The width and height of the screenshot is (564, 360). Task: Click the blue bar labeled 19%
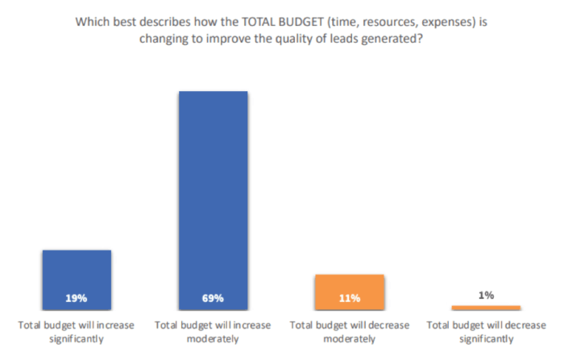77,274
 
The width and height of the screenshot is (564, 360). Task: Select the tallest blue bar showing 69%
213,193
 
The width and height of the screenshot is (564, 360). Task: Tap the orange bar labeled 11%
350,286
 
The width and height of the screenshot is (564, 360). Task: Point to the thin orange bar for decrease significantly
486,307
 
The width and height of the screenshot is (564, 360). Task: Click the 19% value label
77,298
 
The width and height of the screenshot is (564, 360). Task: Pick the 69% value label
213,298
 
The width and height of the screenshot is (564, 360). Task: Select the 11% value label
350,298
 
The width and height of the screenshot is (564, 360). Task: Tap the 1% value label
486,296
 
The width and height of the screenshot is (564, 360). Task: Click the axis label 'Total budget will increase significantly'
77,332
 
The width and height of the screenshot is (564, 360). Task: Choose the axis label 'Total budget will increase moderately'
213,332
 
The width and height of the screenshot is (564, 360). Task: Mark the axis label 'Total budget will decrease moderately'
350,332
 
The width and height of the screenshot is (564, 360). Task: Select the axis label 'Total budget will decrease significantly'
486,332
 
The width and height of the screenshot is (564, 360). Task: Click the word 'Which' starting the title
92,23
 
